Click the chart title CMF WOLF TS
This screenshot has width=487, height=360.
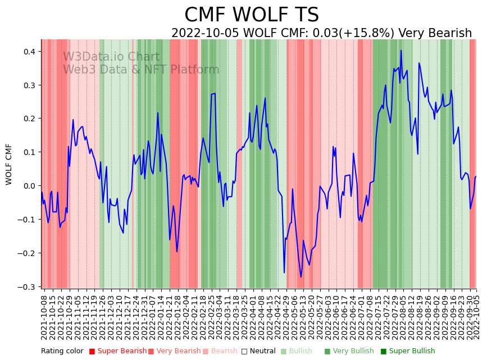click(252, 15)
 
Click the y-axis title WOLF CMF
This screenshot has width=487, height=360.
click(9, 164)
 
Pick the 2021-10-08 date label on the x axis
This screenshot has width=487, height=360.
click(44, 317)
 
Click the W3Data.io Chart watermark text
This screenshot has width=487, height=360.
click(111, 57)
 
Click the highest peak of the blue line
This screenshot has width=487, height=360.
click(401, 51)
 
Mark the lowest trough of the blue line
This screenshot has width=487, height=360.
click(301, 277)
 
